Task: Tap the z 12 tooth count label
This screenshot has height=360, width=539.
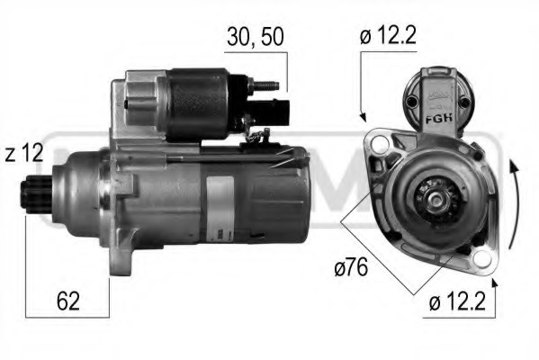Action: [x=24, y=153]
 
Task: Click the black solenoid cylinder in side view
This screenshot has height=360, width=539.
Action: [x=198, y=102]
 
